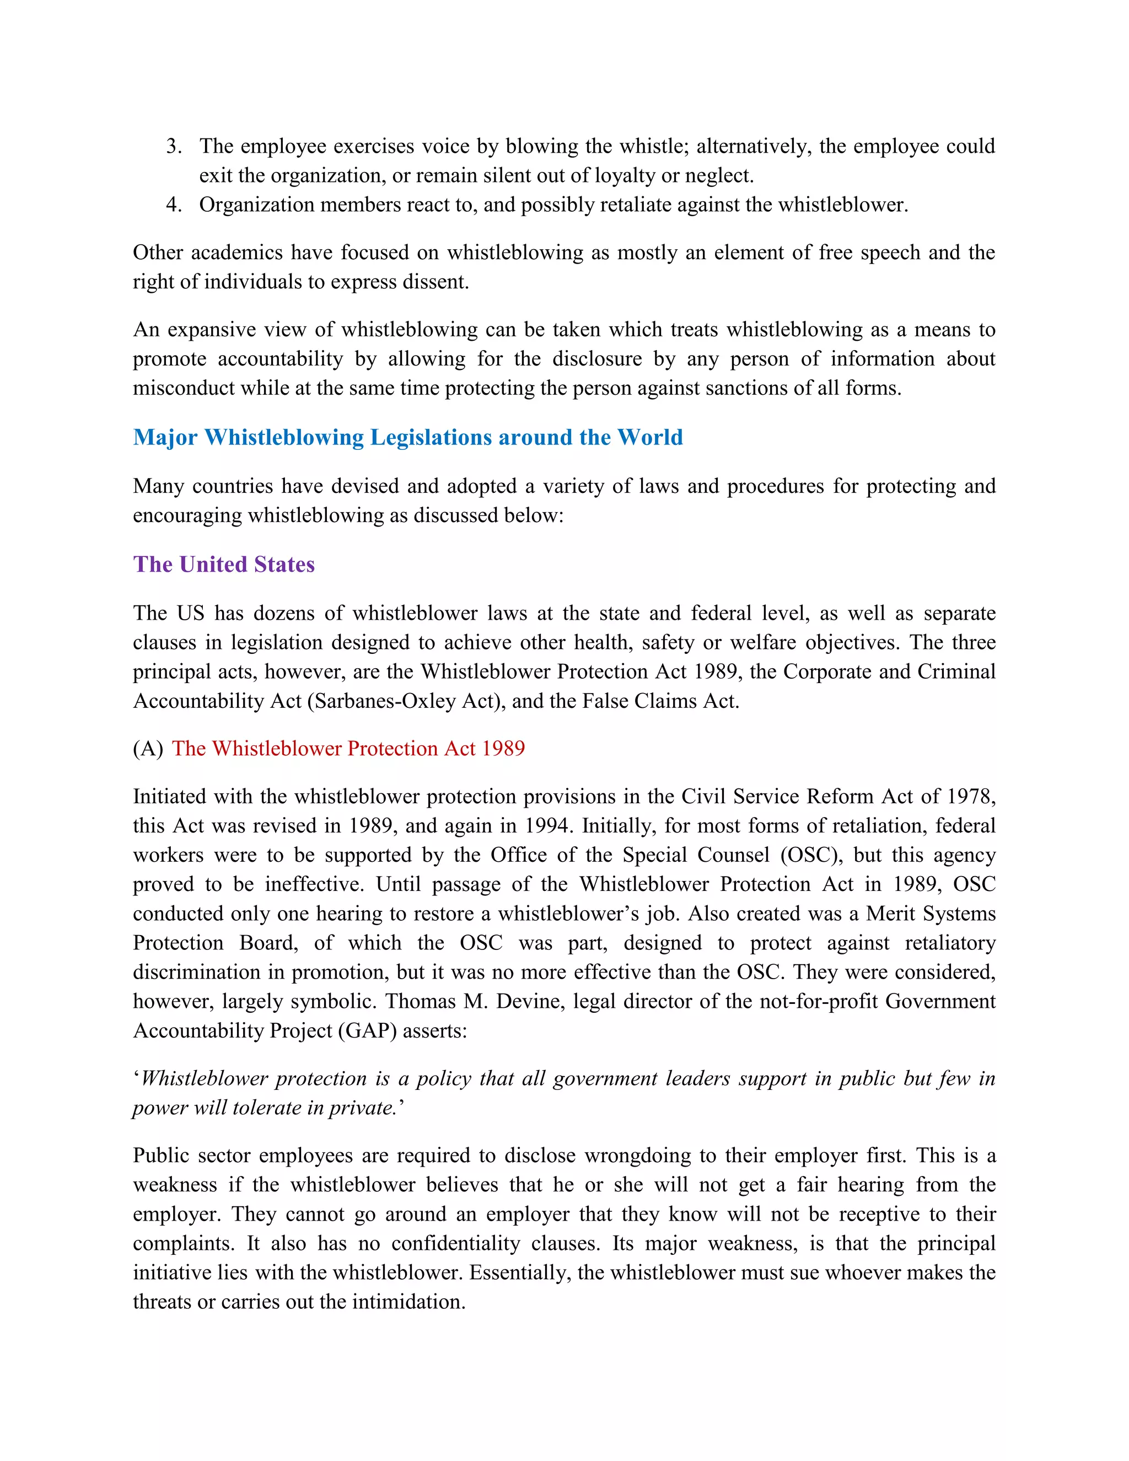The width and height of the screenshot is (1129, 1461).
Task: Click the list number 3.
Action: point(173,146)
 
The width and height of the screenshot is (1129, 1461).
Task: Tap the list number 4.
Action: point(173,205)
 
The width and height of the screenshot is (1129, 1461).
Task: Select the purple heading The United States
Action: point(223,565)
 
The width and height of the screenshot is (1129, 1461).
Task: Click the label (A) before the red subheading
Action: point(148,749)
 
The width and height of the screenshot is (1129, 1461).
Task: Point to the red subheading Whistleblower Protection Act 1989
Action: point(348,749)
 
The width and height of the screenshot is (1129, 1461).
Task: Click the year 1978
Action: point(971,797)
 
